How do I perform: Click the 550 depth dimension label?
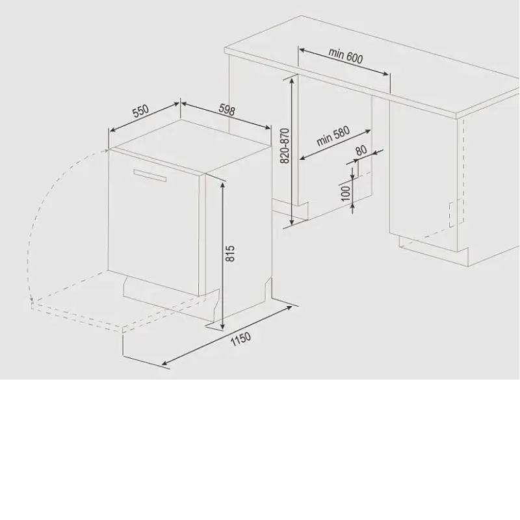[x=141, y=111]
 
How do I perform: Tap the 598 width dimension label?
[x=227, y=109]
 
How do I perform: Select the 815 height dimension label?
[x=230, y=253]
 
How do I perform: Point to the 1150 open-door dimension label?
[x=240, y=339]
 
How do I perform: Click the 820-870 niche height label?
[x=285, y=146]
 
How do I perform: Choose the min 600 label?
[x=346, y=56]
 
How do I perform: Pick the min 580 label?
[x=333, y=136]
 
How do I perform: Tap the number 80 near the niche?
[x=361, y=150]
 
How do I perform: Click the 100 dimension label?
[x=346, y=193]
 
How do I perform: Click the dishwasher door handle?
[x=150, y=175]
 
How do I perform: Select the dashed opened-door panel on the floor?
[x=120, y=300]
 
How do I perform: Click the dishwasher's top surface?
[x=190, y=146]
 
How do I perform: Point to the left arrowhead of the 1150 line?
[x=165, y=364]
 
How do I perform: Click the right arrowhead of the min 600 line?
[x=385, y=73]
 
